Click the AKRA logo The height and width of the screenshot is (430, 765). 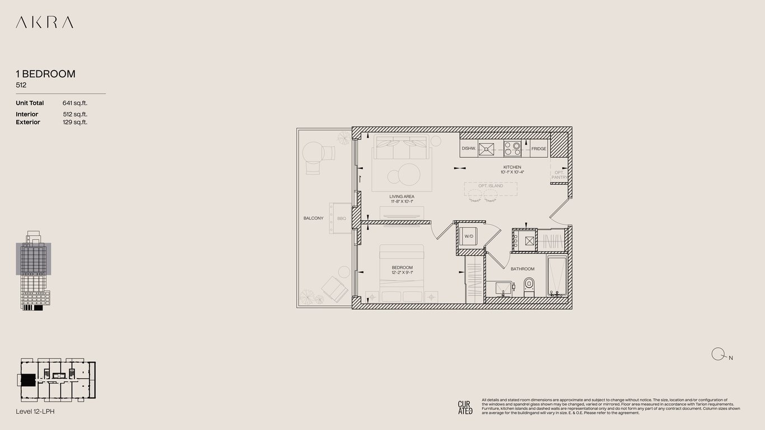44,22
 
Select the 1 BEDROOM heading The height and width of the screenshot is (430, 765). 45,74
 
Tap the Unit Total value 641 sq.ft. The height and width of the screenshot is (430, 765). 75,103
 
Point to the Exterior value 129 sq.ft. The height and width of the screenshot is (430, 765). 75,122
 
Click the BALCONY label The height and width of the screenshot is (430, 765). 314,218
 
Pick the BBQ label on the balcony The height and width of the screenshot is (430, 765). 342,218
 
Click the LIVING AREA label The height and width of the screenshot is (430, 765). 402,197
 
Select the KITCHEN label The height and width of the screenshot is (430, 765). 512,167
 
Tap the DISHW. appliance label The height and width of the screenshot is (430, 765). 468,149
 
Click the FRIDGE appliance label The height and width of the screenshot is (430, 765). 539,149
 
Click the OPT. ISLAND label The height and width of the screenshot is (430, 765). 491,186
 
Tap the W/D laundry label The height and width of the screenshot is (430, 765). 468,236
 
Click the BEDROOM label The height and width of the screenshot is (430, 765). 402,268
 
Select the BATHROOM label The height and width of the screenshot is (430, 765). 522,269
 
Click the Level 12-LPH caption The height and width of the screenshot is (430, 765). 35,412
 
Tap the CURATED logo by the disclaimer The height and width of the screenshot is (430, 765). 465,407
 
